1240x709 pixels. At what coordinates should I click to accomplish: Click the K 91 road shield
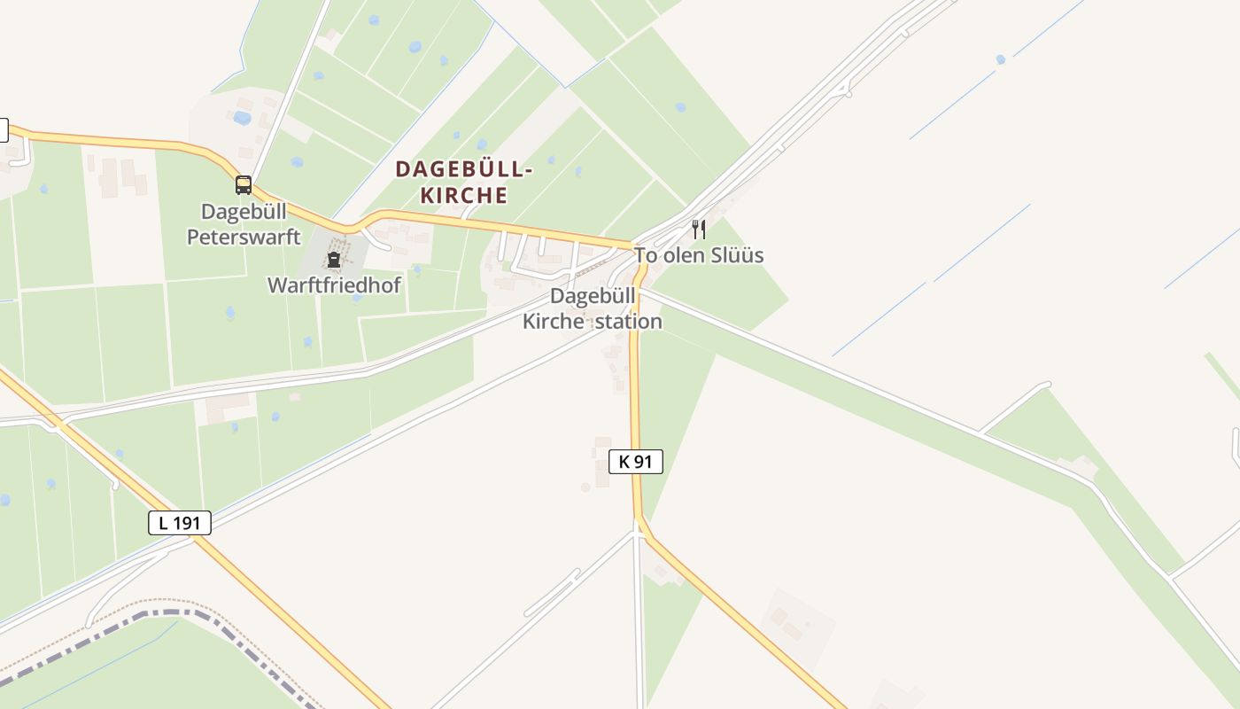point(636,461)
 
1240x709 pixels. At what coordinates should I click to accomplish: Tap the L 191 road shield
point(180,523)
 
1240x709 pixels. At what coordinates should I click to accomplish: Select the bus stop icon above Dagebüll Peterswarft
point(244,185)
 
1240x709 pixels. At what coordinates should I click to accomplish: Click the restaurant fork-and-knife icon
point(699,230)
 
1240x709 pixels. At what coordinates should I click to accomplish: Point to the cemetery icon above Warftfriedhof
point(334,260)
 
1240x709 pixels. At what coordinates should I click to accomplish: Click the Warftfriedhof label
point(334,285)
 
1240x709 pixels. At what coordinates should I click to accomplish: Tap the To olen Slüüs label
point(698,255)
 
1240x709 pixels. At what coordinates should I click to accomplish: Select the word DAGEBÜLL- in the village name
point(464,168)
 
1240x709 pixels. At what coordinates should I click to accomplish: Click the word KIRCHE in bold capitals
point(464,195)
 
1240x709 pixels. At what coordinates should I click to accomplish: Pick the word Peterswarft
point(244,238)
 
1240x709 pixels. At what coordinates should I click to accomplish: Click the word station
point(628,322)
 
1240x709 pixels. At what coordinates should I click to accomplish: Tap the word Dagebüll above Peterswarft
point(244,212)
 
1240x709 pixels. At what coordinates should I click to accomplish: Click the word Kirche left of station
point(553,322)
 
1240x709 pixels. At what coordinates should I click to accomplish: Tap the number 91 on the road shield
point(644,461)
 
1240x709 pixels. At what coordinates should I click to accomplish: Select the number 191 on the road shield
point(187,523)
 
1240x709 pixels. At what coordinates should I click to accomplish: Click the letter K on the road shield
point(624,461)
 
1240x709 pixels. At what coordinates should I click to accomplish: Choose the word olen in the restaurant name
point(683,255)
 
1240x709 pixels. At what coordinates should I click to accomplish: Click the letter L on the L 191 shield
point(163,523)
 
